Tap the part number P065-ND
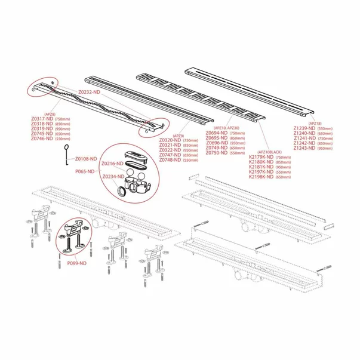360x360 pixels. pos(87,171)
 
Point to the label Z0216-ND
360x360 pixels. pos(112,163)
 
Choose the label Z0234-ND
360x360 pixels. pos(112,177)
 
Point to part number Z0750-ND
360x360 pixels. pos(217,153)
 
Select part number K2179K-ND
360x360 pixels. pos(261,157)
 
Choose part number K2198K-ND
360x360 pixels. pos(261,177)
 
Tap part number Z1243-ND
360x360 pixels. pos(304,148)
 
